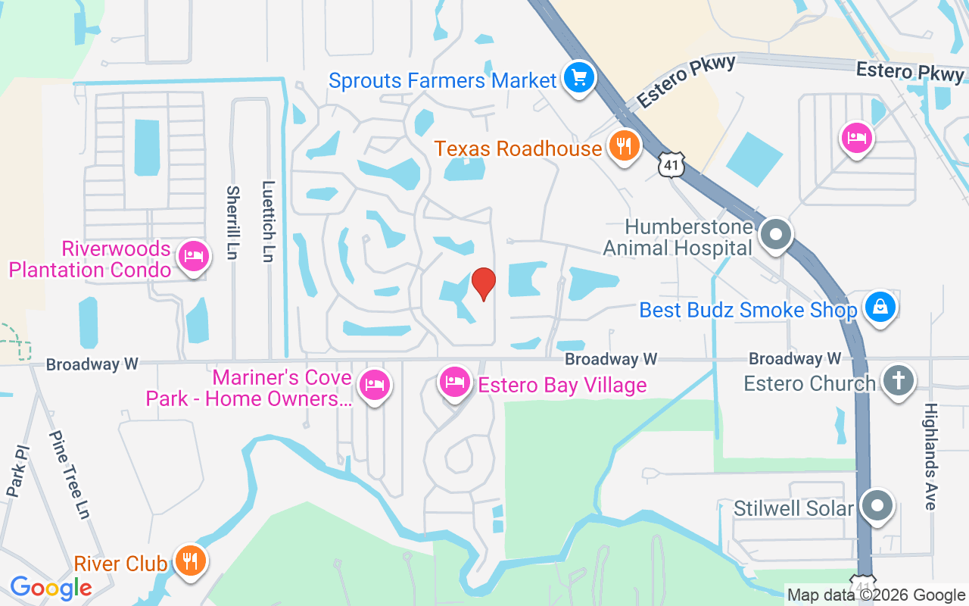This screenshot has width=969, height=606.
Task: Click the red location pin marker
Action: (484, 284)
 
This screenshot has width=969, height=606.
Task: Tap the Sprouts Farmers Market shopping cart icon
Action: (579, 77)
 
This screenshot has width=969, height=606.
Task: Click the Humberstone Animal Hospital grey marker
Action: (775, 235)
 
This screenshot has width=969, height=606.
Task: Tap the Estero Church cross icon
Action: (899, 381)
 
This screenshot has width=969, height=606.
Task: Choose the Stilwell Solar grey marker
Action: (877, 505)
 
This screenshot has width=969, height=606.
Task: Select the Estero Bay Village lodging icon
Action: (454, 383)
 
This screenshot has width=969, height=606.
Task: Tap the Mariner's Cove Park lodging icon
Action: (373, 386)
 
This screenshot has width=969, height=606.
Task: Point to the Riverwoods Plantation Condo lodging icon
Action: (192, 257)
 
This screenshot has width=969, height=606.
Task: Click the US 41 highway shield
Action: (671, 164)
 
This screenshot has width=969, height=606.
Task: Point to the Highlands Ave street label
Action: (930, 456)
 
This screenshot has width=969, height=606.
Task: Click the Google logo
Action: (51, 588)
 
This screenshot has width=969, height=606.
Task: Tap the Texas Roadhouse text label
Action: (518, 148)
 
